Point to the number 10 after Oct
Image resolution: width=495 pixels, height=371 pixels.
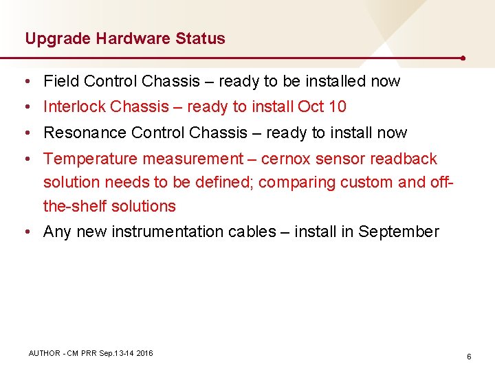338,106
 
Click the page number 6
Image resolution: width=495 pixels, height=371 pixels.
469,357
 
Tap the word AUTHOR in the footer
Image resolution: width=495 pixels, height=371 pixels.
44,353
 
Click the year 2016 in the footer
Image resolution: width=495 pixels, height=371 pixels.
144,353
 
